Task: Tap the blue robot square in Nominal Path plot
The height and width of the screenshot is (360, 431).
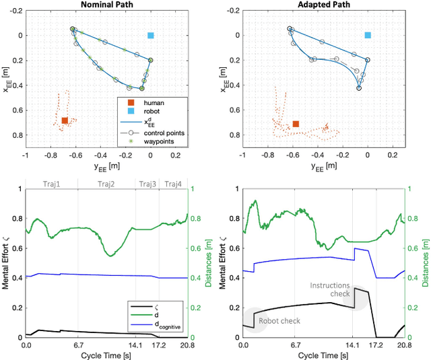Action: tap(151, 35)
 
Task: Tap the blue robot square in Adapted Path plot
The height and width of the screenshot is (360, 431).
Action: tap(368, 35)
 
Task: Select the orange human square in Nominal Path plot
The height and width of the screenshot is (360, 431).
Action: tap(65, 120)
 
